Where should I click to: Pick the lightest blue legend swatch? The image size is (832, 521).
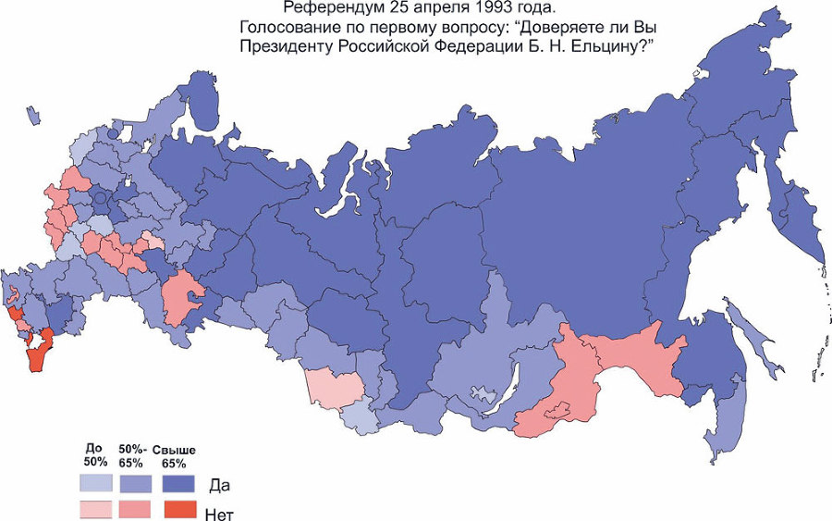click(x=95, y=483)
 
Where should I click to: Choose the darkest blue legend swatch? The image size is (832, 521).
click(x=180, y=483)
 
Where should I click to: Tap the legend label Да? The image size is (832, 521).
click(x=218, y=484)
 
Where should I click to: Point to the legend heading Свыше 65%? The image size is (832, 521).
click(x=174, y=455)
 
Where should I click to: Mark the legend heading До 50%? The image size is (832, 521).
click(x=95, y=453)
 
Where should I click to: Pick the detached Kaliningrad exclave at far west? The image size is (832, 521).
click(x=33, y=116)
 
